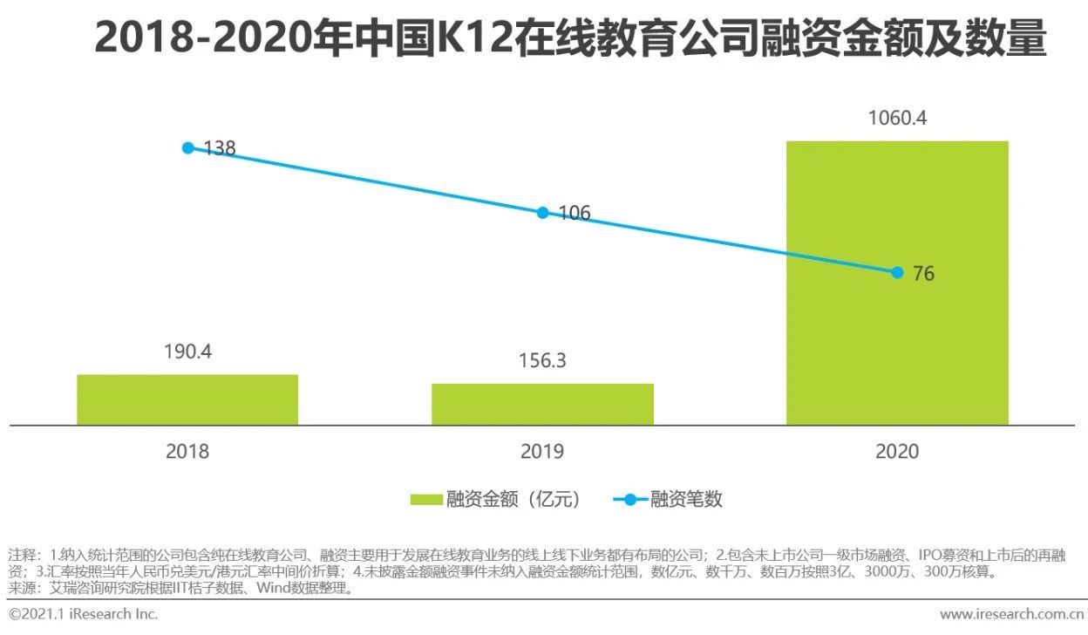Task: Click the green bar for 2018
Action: [x=187, y=399]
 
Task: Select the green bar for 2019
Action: [x=542, y=404]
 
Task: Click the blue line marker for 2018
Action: [x=187, y=147]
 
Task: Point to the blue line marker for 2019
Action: [x=542, y=212]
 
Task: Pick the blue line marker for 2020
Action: [x=897, y=272]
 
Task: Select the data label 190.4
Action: [x=187, y=352]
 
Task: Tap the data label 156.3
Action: [x=542, y=361]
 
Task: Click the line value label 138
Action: [x=220, y=148]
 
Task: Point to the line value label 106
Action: [x=575, y=213]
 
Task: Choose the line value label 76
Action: [x=923, y=274]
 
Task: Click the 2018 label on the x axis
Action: [x=187, y=451]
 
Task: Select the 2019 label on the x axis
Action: [x=542, y=451]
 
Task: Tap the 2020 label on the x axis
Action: [x=897, y=451]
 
